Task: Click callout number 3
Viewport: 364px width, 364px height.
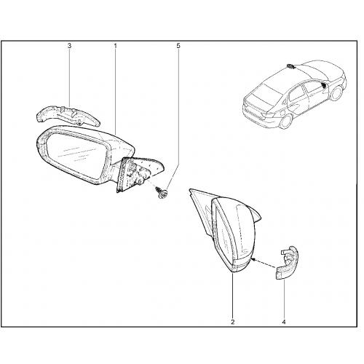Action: (69, 46)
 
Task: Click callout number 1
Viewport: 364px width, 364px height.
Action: (115, 46)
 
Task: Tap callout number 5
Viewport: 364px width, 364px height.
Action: (178, 46)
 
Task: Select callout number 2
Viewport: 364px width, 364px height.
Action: (233, 322)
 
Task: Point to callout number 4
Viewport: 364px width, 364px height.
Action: (284, 322)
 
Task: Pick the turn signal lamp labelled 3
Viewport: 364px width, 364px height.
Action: (68, 115)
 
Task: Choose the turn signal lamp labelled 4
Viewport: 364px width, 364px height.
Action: (288, 264)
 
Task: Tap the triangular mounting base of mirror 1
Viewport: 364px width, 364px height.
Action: (138, 173)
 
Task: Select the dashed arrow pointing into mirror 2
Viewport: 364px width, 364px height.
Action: (264, 264)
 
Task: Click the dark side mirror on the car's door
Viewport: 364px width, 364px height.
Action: (324, 85)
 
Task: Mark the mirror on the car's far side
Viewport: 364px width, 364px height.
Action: (290, 66)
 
